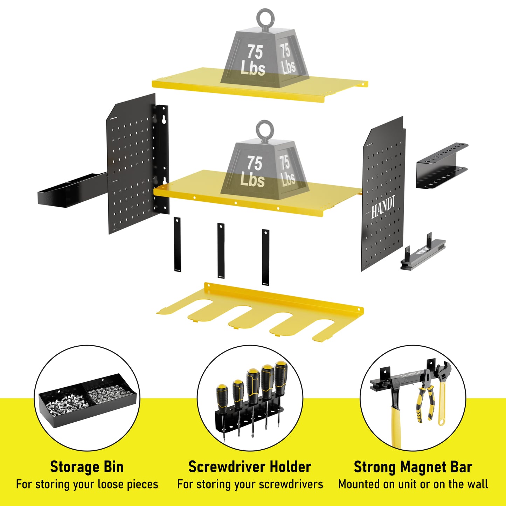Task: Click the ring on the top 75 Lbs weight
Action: coord(265,17)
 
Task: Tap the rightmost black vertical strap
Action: coord(265,257)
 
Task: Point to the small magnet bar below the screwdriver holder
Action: coord(423,252)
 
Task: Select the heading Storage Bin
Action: coord(86,467)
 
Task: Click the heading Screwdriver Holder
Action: coord(250,467)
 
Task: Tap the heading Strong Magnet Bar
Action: coord(413,467)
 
